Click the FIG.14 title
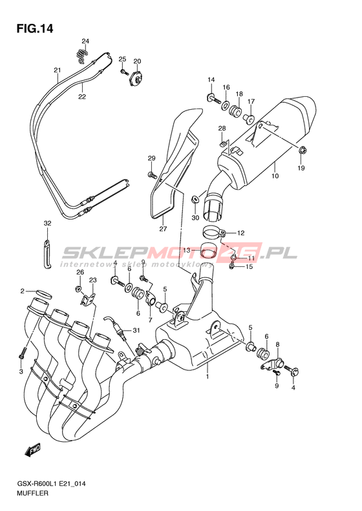pyautogui.click(x=35, y=29)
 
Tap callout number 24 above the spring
pyautogui.click(x=85, y=41)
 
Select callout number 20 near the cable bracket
pyautogui.click(x=137, y=61)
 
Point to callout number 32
pyautogui.click(x=48, y=224)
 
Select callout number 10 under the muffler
pyautogui.click(x=275, y=176)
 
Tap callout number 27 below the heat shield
pyautogui.click(x=163, y=229)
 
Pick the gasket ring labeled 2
pyautogui.click(x=43, y=294)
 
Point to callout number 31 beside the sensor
pyautogui.click(x=136, y=331)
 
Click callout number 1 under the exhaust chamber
pyautogui.click(x=207, y=377)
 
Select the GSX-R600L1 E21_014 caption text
pyautogui.click(x=51, y=484)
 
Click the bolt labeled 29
pyautogui.click(x=152, y=175)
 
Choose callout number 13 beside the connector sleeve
pyautogui.click(x=187, y=250)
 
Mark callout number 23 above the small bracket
pyautogui.click(x=93, y=280)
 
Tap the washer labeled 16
pyautogui.click(x=225, y=105)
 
